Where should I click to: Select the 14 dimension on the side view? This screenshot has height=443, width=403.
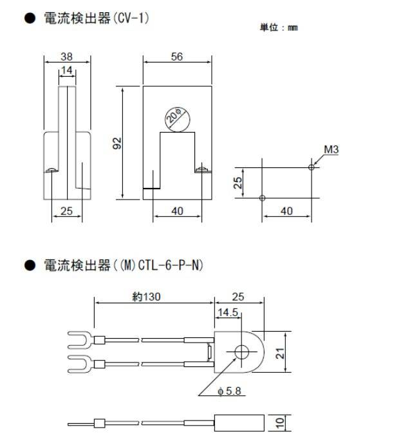coord(66,70)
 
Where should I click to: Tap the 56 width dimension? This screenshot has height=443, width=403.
coord(177,57)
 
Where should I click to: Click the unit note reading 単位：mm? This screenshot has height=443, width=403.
coord(279,28)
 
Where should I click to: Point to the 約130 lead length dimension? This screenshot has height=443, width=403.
coord(141,297)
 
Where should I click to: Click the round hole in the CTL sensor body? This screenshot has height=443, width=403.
coord(242,352)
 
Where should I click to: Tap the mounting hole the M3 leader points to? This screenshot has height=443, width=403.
coord(312,167)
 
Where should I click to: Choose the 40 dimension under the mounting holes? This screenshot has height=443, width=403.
coord(286,211)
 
